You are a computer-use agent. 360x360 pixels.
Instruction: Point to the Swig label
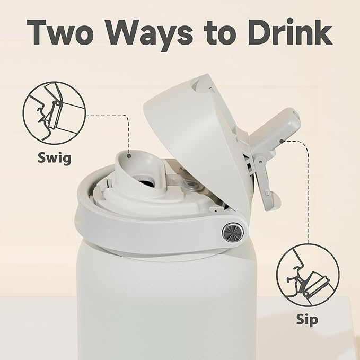point(55,158)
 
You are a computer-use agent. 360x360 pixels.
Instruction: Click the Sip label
point(307,319)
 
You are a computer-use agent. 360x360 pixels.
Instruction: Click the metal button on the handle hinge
point(231,232)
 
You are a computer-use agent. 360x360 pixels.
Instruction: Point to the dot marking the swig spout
point(129,156)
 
